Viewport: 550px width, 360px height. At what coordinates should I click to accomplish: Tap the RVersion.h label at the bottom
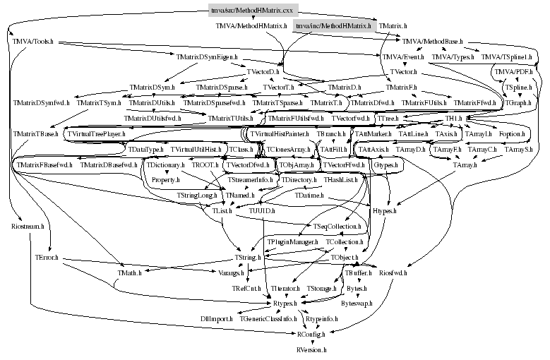pyautogui.click(x=311, y=349)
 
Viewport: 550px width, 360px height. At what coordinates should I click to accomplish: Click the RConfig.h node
pyautogui.click(x=311, y=332)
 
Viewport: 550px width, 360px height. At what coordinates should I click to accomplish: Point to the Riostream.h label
pyautogui.click(x=28, y=227)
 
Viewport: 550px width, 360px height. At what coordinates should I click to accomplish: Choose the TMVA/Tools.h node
pyautogui.click(x=31, y=42)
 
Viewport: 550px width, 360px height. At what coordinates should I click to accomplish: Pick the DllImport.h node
pyautogui.click(x=216, y=319)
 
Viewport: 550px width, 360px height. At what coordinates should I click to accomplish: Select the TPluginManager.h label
pyautogui.click(x=292, y=242)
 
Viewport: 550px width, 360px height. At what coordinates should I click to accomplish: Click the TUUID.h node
pyautogui.click(x=262, y=210)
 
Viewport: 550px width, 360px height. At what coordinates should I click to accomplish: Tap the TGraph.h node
pyautogui.click(x=518, y=103)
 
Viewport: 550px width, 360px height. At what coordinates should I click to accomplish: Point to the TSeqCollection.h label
pyautogui.click(x=337, y=226)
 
